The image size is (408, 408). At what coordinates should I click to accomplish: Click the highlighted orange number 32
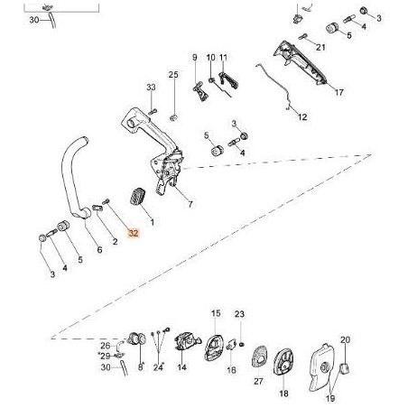(x=134, y=233)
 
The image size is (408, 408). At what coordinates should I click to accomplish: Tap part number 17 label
(x=339, y=92)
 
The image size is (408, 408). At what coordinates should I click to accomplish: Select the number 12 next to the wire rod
(x=302, y=117)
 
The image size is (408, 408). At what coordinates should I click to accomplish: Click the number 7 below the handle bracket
(x=190, y=204)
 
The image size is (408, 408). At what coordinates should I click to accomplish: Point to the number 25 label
(x=173, y=74)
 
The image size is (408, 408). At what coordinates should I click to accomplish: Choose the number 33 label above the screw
(x=151, y=88)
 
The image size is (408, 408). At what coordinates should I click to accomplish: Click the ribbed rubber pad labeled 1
(x=137, y=197)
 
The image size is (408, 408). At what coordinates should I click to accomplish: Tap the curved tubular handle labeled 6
(x=74, y=178)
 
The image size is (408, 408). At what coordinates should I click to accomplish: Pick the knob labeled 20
(x=345, y=367)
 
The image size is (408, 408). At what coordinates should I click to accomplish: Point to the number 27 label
(x=258, y=381)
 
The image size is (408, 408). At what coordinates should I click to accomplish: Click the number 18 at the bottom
(x=283, y=394)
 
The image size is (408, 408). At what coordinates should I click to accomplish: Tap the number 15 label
(x=216, y=313)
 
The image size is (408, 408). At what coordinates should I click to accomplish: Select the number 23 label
(x=239, y=314)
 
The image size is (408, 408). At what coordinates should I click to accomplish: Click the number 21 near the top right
(x=320, y=47)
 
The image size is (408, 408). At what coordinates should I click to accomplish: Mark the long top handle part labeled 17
(x=301, y=63)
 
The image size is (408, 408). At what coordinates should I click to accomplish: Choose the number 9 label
(x=195, y=57)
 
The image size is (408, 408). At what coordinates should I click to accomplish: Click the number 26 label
(x=106, y=346)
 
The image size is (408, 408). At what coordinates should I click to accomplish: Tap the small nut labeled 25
(x=173, y=118)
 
